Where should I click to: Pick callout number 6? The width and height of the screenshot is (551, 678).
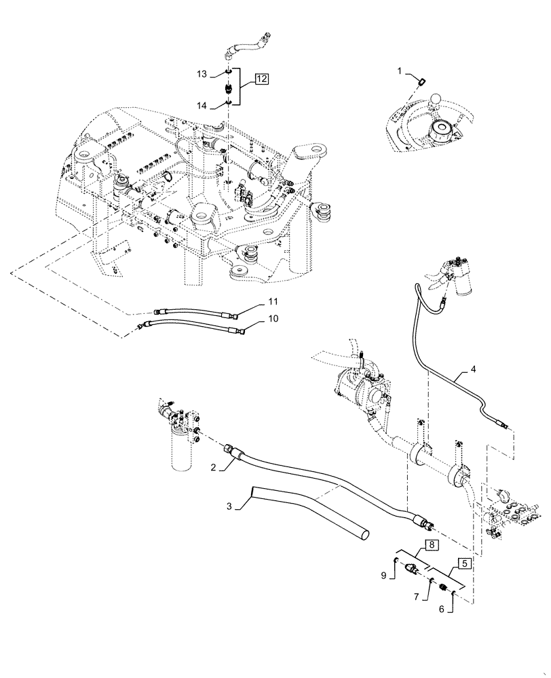click(x=442, y=610)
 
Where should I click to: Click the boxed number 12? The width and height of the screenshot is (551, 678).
click(x=261, y=79)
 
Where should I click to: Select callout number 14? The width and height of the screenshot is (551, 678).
click(x=202, y=106)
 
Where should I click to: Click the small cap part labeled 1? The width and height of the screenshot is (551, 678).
click(x=421, y=82)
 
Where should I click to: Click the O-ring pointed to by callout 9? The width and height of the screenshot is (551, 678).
click(x=396, y=560)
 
